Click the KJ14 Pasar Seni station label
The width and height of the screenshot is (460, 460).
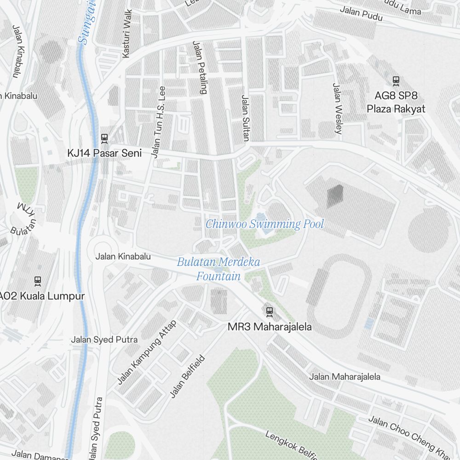pyautogui.click(x=105, y=153)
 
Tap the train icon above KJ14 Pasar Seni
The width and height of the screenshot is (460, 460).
pyautogui.click(x=104, y=138)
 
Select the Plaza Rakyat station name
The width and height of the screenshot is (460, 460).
pyautogui.click(x=396, y=109)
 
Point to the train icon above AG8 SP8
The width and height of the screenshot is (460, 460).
pyautogui.click(x=396, y=81)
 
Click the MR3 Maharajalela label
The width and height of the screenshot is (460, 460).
pyautogui.click(x=270, y=327)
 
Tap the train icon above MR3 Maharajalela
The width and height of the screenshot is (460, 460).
pyautogui.click(x=270, y=312)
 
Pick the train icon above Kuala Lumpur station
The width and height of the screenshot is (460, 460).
pyautogui.click(x=38, y=280)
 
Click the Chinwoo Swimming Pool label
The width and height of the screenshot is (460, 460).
pyautogui.click(x=264, y=224)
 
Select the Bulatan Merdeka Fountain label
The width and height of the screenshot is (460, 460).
pyautogui.click(x=218, y=269)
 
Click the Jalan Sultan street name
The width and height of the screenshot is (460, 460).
pyautogui.click(x=245, y=118)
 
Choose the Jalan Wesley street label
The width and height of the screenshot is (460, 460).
pyautogui.click(x=338, y=109)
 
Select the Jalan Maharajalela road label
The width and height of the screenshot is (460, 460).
pyautogui.click(x=345, y=377)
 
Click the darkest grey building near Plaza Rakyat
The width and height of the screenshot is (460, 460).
pyautogui.click(x=335, y=196)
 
